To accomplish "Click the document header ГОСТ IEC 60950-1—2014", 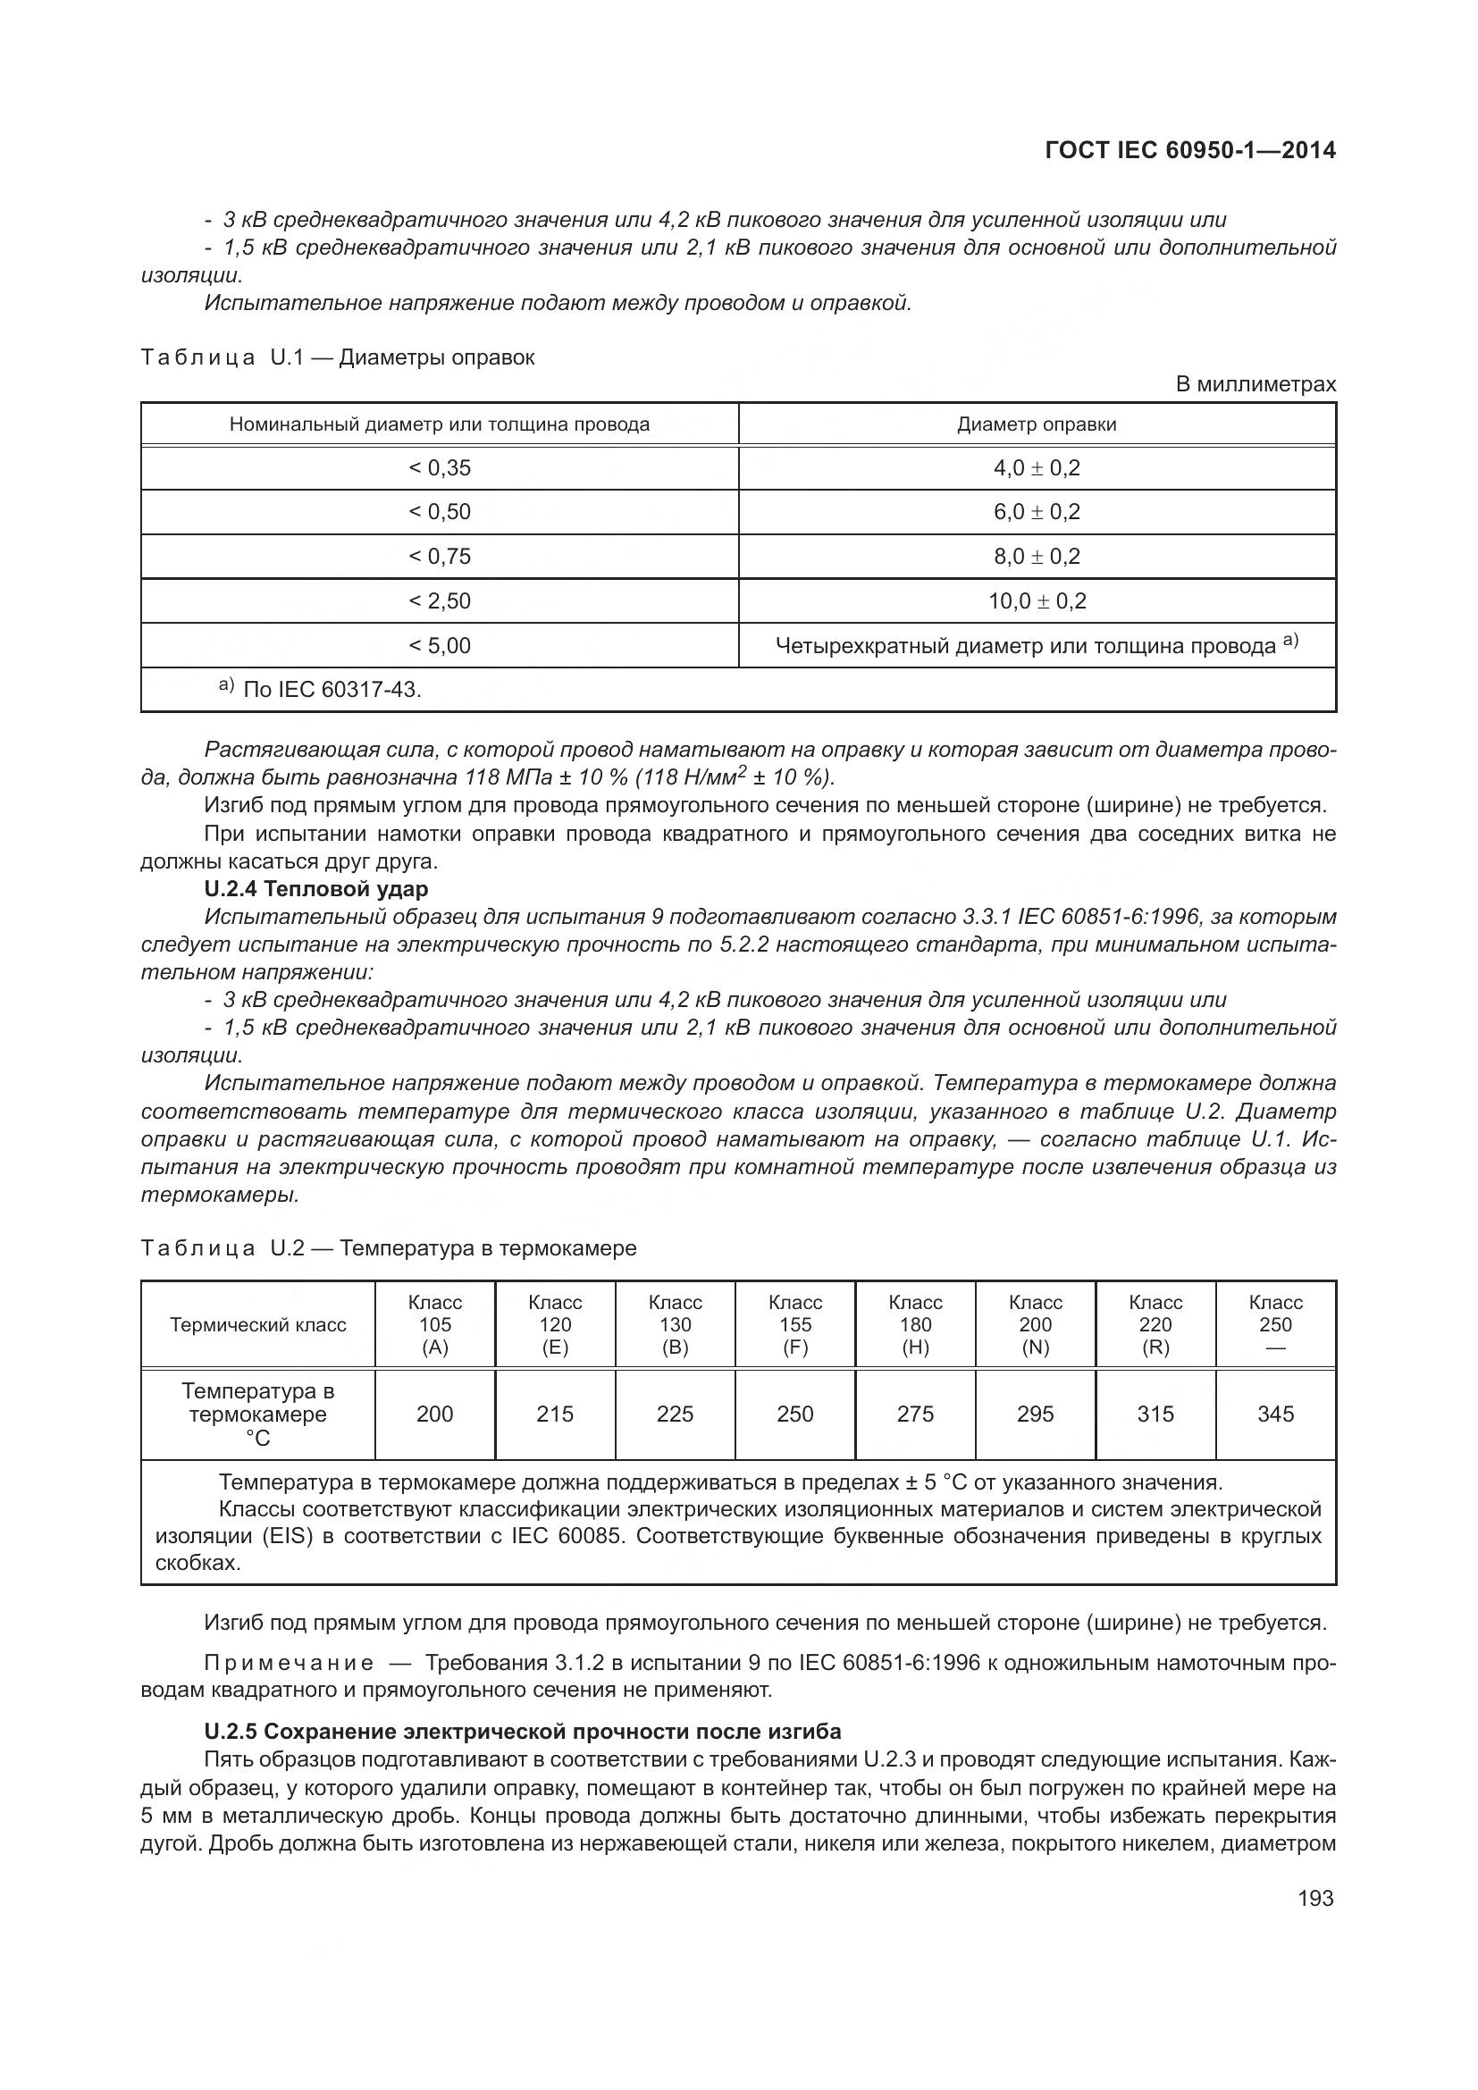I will click(x=1190, y=150).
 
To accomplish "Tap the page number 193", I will click(x=1315, y=1898).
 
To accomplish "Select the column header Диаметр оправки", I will click(x=1037, y=424).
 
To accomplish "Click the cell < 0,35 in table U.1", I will click(x=440, y=468).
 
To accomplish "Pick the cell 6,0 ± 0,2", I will click(x=1037, y=512).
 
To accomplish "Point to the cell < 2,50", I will click(x=440, y=600).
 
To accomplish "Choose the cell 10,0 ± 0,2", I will click(x=1037, y=600).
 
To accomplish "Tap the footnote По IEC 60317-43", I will click(x=332, y=689).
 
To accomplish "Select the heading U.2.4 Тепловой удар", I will click(x=315, y=888).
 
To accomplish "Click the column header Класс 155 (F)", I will click(x=794, y=1324).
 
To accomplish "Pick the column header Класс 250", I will click(x=1275, y=1324).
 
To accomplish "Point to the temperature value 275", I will click(x=915, y=1414).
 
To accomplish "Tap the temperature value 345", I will click(x=1275, y=1414).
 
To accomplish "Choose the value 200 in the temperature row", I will click(x=435, y=1414).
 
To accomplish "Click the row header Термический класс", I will click(x=257, y=1324).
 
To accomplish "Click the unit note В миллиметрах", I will click(x=1255, y=384).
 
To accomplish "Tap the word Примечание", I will click(x=289, y=1663).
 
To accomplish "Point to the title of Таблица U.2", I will click(x=389, y=1248).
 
